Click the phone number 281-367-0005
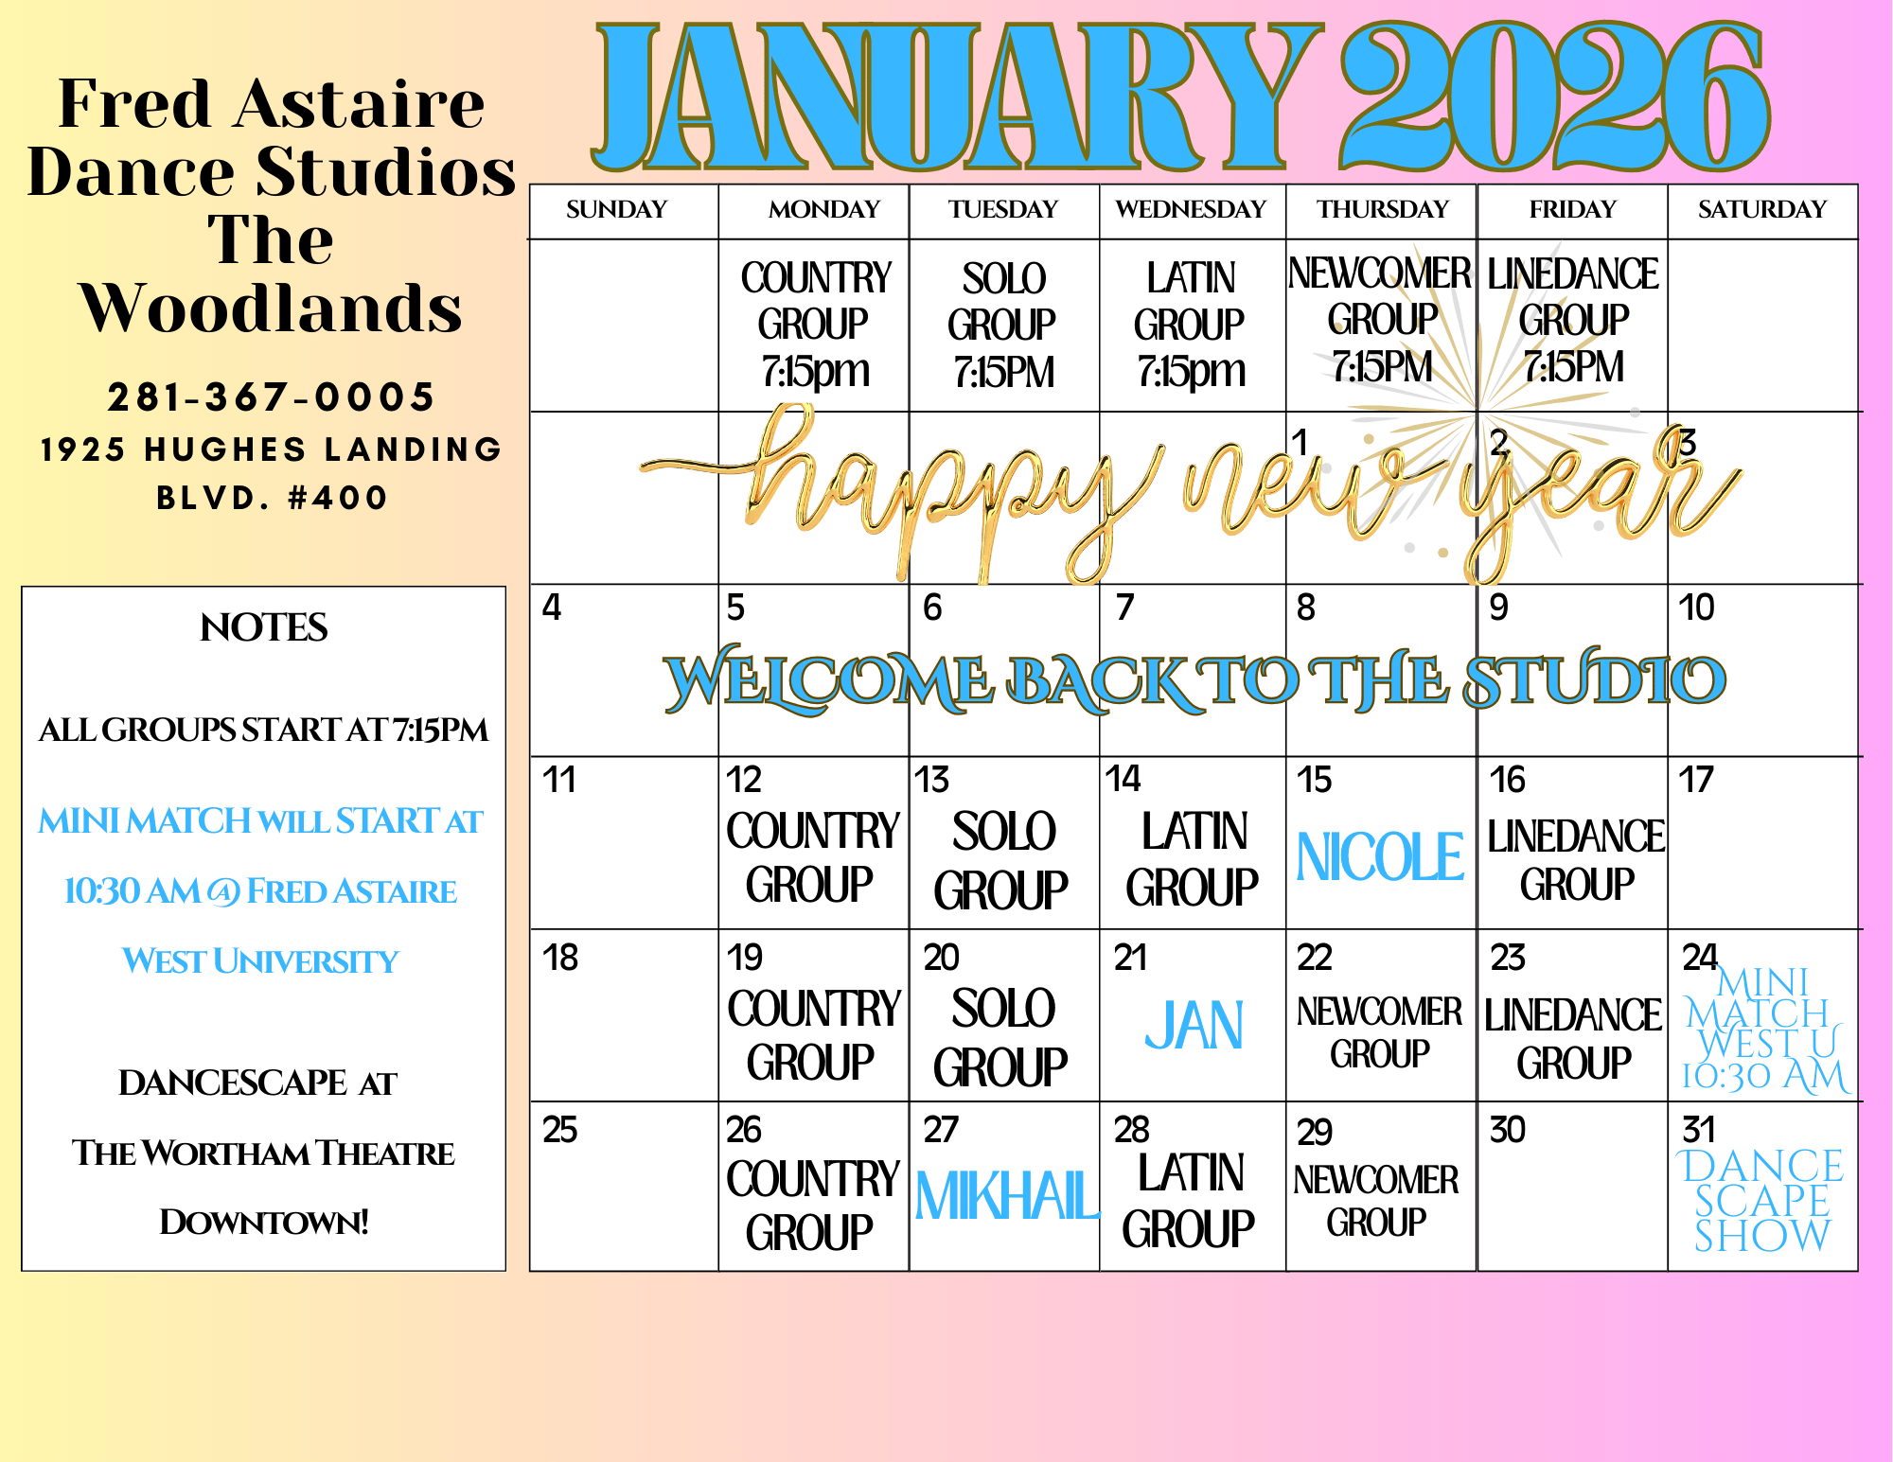click(272, 397)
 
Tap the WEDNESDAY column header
click(1191, 209)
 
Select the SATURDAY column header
click(1762, 209)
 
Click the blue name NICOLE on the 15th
click(1380, 857)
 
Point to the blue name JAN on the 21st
click(1194, 1027)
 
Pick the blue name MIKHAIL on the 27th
click(1007, 1197)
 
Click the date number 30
click(1507, 1130)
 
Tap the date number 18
click(560, 958)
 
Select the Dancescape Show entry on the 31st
click(1761, 1201)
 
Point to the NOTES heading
click(264, 627)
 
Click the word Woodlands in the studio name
click(272, 308)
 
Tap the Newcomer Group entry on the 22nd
click(1379, 1032)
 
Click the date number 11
click(559, 781)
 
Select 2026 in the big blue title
click(1554, 97)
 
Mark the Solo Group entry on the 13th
click(1001, 861)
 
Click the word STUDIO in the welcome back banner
click(1595, 679)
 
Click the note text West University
click(260, 961)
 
